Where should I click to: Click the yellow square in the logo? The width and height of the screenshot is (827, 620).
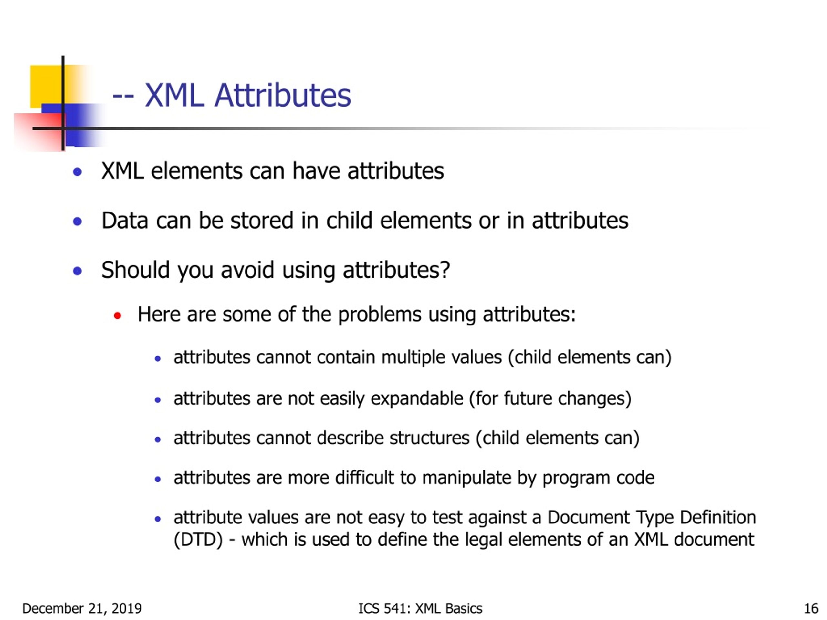pos(45,84)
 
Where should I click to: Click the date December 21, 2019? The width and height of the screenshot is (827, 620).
pos(82,609)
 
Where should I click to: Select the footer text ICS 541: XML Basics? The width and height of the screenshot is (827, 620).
pos(420,609)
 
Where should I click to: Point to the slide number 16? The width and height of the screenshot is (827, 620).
pos(811,609)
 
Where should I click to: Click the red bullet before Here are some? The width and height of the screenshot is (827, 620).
pos(117,316)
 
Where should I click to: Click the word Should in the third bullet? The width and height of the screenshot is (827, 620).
pos(135,270)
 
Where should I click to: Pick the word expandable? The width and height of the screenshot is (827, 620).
pos(417,399)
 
